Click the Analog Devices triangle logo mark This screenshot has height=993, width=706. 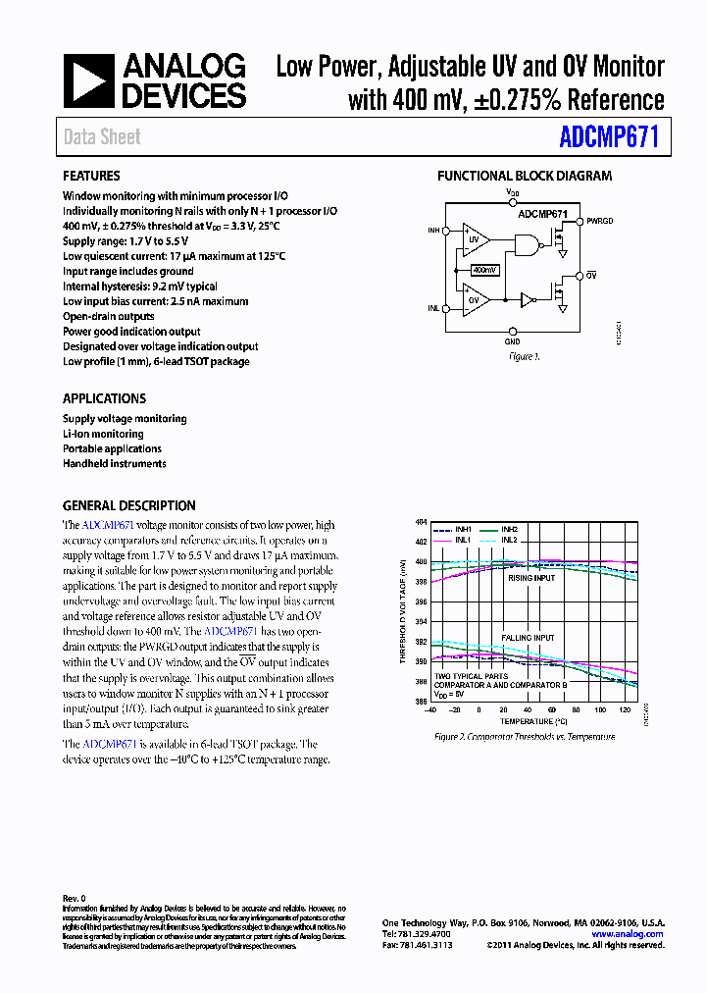pos(89,80)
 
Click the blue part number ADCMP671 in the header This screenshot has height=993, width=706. pos(609,136)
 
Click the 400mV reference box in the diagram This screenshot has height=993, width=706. pos(484,269)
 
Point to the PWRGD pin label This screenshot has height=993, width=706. pos(600,222)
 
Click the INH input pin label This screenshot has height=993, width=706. pos(433,232)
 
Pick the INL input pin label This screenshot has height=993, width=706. pos(433,308)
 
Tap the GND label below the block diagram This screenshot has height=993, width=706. pos(512,341)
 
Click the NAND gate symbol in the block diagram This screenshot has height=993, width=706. pos(527,244)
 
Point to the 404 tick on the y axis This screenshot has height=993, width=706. pos(421,522)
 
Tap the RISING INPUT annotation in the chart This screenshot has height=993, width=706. pos(530,578)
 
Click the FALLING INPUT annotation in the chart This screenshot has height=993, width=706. pos(529,638)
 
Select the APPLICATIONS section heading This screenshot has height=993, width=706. pos(104,398)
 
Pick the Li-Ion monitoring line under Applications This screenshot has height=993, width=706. pos(103,434)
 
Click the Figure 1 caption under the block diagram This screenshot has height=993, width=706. pos(524,357)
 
